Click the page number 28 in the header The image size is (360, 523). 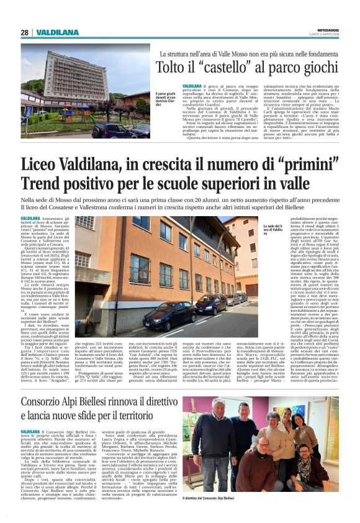click(24, 32)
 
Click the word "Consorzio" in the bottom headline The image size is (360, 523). click(54, 383)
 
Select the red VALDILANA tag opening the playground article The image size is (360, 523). click(192, 84)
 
